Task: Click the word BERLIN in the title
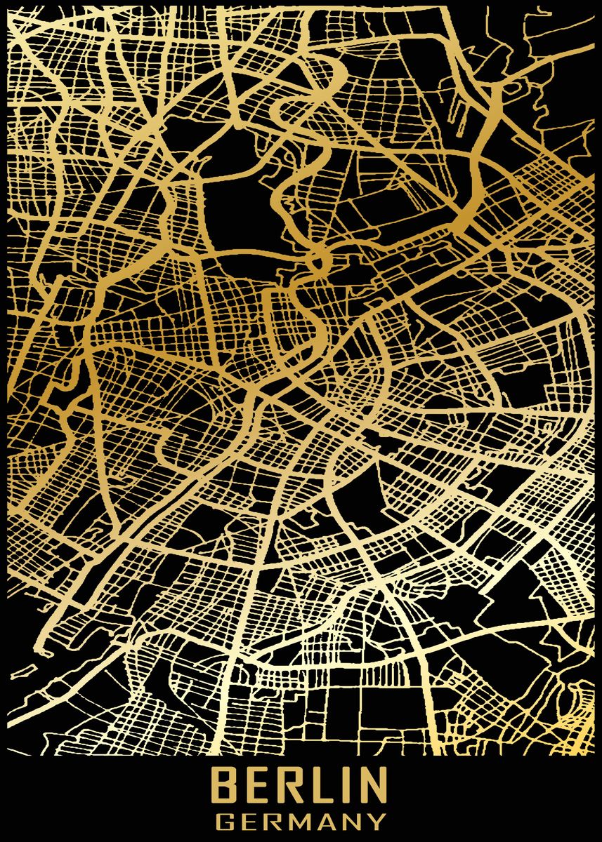(x=300, y=785)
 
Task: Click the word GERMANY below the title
(x=301, y=820)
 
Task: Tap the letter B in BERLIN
(x=225, y=785)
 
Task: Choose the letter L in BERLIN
(x=320, y=785)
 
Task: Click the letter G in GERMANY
(x=225, y=820)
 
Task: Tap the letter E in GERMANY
(x=251, y=820)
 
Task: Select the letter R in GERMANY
(x=275, y=820)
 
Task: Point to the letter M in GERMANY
(x=302, y=820)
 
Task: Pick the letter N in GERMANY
(x=354, y=820)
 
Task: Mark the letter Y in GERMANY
(x=378, y=820)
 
